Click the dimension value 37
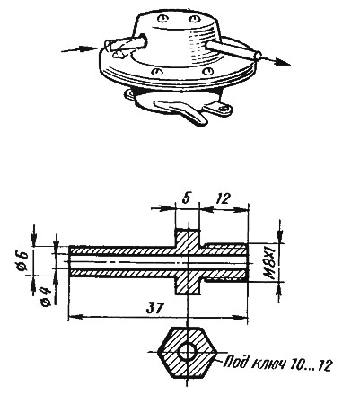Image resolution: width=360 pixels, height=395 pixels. [156, 308]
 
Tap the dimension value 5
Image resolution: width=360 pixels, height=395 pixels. [187, 198]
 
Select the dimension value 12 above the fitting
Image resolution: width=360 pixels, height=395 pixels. [223, 198]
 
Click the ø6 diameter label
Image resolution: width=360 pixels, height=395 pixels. [22, 261]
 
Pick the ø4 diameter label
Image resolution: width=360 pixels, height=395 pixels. [46, 295]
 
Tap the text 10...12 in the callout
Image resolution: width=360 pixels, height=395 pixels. [312, 365]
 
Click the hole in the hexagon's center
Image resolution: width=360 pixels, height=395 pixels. [187, 352]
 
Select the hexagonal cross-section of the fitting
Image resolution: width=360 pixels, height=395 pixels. [187, 352]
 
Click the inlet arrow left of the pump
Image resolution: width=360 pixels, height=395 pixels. [79, 48]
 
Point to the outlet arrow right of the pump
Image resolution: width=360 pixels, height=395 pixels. [274, 61]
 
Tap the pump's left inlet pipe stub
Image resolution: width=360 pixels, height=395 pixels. [125, 43]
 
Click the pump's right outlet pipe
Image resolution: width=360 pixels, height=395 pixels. [233, 49]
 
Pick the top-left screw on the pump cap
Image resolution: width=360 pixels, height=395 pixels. [162, 18]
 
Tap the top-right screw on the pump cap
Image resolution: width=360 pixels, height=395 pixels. [194, 19]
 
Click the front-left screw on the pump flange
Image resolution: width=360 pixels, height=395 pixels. [157, 72]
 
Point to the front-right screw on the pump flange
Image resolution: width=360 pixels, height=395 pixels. [207, 71]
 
